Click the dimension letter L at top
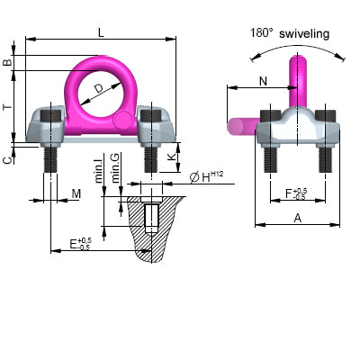(x=100, y=31)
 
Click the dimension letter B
(x=8, y=63)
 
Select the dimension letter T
(x=8, y=106)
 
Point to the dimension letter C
(x=8, y=159)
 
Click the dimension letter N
(x=263, y=80)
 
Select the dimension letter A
(x=296, y=219)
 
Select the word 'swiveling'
(x=303, y=33)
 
